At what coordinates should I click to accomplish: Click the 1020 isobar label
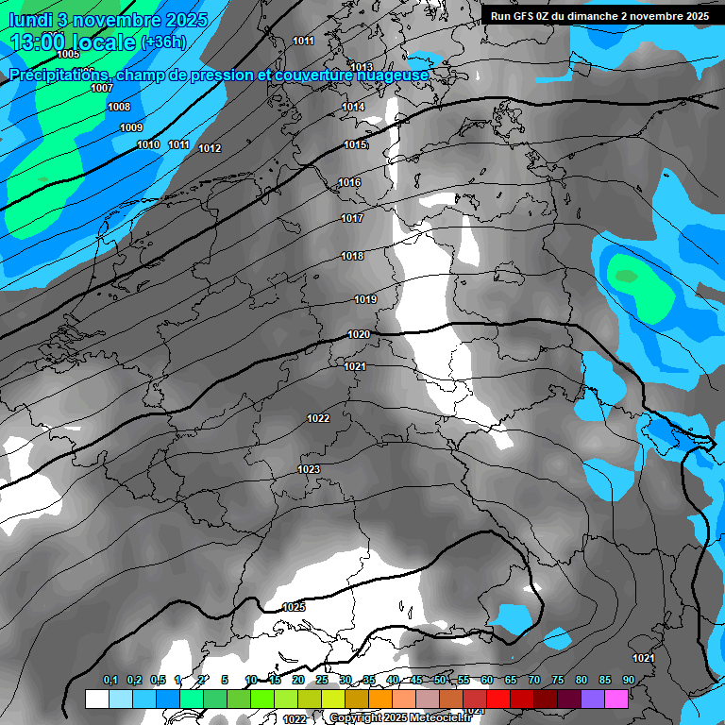358,334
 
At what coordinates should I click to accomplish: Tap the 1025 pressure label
294,607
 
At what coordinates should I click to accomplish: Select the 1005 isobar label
68,55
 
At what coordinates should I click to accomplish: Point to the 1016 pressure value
349,182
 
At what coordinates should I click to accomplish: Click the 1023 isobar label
309,469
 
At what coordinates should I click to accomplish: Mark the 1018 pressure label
352,256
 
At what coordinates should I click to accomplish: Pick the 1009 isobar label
131,127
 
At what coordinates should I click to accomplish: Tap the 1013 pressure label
362,67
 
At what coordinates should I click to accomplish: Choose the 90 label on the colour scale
628,680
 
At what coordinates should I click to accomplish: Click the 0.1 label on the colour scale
110,680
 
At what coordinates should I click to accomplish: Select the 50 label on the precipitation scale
440,680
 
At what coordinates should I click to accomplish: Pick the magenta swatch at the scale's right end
616,699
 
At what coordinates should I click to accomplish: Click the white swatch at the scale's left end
96,699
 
